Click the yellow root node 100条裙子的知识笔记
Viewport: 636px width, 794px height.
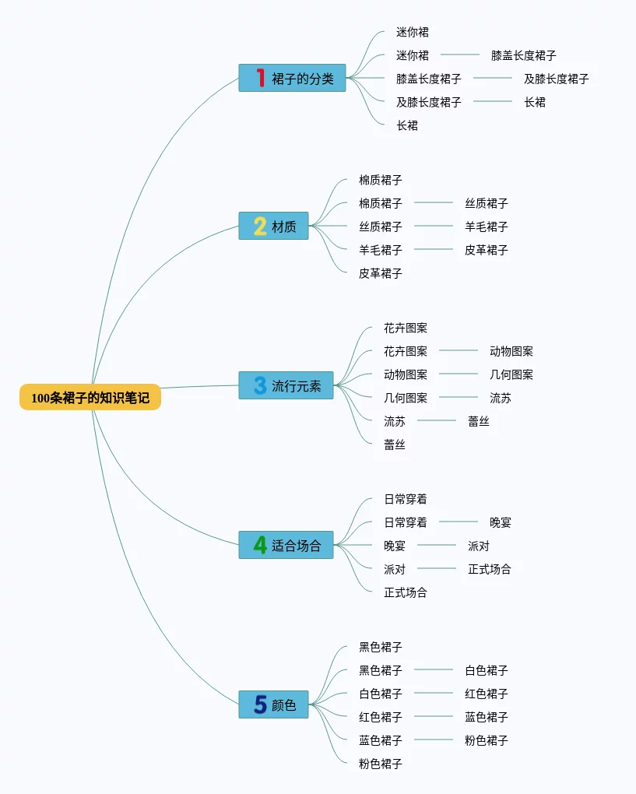(x=90, y=397)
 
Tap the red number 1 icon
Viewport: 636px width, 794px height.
(x=260, y=78)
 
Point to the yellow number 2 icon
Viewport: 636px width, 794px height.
(x=260, y=227)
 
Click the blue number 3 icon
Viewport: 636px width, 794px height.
(x=260, y=385)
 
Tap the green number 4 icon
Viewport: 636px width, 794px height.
(x=260, y=545)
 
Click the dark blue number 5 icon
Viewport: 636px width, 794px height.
(x=260, y=704)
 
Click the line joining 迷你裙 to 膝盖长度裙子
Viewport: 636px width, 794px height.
(x=459, y=54)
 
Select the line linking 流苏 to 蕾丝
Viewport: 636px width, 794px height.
(x=436, y=420)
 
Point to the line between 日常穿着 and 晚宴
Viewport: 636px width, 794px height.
(x=458, y=522)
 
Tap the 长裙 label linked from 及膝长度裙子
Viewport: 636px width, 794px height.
(x=535, y=102)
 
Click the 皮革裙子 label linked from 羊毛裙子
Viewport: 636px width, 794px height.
(x=487, y=250)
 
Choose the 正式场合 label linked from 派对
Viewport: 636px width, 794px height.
(x=490, y=569)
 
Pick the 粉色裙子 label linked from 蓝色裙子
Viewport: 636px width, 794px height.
(x=487, y=740)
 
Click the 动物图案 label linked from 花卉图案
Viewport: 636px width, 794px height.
(x=511, y=351)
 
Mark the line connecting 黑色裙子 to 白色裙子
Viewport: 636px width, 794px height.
(x=433, y=669)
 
